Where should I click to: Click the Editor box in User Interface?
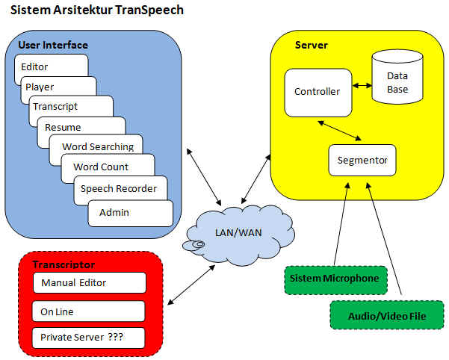point(35,66)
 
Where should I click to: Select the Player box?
point(40,87)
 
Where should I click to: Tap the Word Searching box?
point(98,146)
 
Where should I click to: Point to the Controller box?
point(318,93)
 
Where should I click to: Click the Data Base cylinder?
point(397,82)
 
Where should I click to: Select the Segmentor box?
point(362,160)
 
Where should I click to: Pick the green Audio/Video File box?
point(387,315)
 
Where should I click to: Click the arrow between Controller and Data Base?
point(362,86)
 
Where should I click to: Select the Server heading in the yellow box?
point(312,45)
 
